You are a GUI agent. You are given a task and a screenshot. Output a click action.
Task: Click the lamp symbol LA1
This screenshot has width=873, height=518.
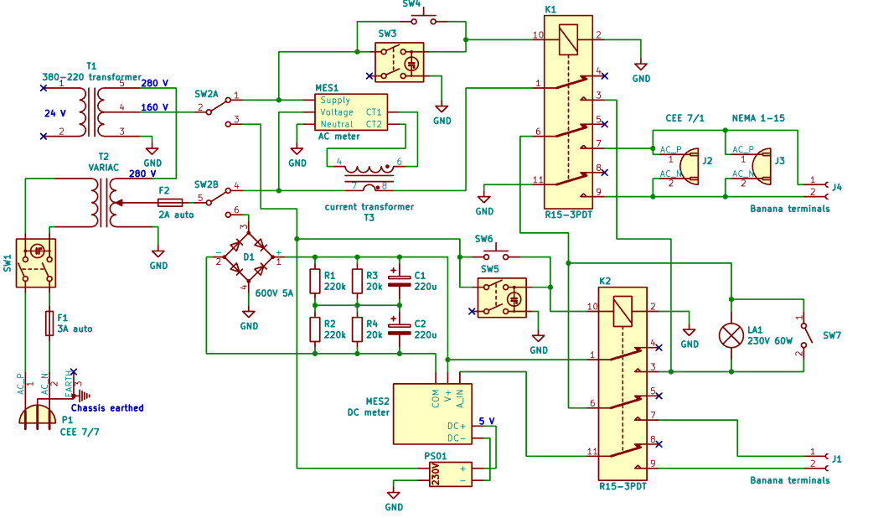click(x=732, y=335)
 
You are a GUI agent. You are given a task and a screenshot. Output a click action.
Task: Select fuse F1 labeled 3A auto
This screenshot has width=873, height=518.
click(x=49, y=323)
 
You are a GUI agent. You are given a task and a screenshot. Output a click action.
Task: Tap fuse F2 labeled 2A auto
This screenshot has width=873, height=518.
click(x=171, y=202)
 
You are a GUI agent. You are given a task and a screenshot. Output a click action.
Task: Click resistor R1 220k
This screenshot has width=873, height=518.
click(x=316, y=281)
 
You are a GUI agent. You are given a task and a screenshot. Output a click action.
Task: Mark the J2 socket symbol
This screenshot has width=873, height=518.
click(x=689, y=164)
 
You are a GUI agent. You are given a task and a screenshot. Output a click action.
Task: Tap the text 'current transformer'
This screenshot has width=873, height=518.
click(x=369, y=206)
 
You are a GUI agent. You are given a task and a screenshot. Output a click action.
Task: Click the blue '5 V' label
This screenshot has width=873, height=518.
click(x=486, y=421)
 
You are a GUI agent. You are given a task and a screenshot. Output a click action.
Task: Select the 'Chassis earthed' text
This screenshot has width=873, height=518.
click(x=107, y=408)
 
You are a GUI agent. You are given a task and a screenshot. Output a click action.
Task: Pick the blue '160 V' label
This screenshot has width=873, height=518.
click(x=154, y=107)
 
